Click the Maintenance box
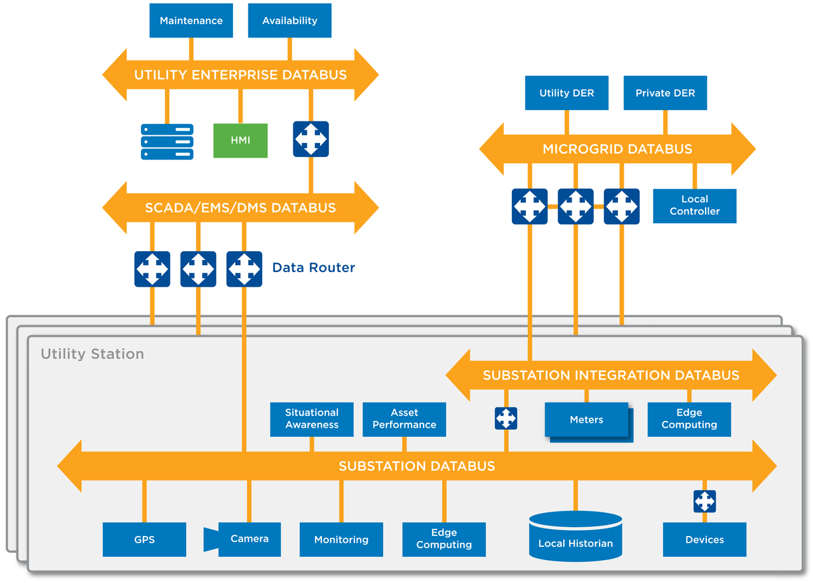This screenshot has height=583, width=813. pyautogui.click(x=191, y=20)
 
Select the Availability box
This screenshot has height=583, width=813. pyautogui.click(x=290, y=20)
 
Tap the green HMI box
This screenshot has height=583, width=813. pyautogui.click(x=240, y=141)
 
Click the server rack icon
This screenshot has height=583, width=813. pyautogui.click(x=167, y=141)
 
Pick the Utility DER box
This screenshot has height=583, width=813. pyautogui.click(x=567, y=93)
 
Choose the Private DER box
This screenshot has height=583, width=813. pyautogui.click(x=665, y=93)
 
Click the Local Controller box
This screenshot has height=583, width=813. pyautogui.click(x=694, y=205)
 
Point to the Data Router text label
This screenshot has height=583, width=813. pyautogui.click(x=313, y=268)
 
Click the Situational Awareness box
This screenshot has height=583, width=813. pyautogui.click(x=311, y=419)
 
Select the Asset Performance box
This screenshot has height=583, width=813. pyautogui.click(x=404, y=419)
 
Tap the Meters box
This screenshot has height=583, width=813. pyautogui.click(x=586, y=420)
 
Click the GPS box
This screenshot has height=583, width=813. pyautogui.click(x=144, y=540)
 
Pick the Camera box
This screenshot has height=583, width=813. pyautogui.click(x=249, y=539)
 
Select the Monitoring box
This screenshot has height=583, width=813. pyautogui.click(x=341, y=540)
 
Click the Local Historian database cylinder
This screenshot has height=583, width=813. pyautogui.click(x=575, y=537)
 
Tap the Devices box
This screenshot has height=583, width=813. pyautogui.click(x=704, y=540)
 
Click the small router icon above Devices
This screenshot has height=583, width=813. pyautogui.click(x=704, y=501)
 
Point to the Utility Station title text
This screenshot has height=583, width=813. pyautogui.click(x=92, y=354)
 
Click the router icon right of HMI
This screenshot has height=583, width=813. pyautogui.click(x=311, y=139)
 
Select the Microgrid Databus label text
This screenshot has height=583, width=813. pyautogui.click(x=617, y=149)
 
